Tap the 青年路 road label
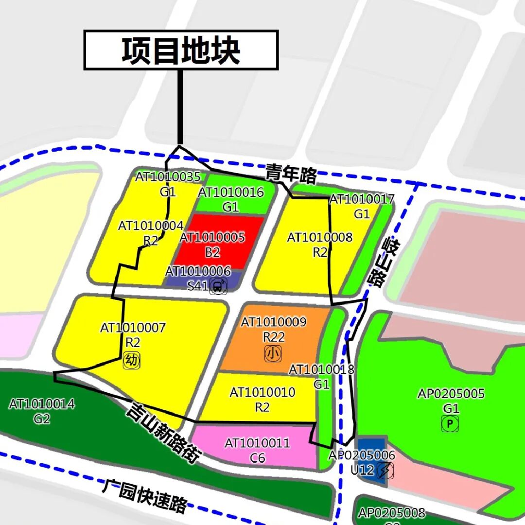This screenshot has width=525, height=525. tap(291, 174)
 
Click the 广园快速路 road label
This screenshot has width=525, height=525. tap(144, 496)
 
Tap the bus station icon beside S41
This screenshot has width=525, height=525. tap(218, 286)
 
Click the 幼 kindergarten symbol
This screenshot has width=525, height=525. tap(132, 360)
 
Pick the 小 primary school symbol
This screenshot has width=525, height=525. tap(273, 354)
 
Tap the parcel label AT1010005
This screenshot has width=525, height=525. tap(212, 237)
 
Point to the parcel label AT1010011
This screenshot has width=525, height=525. tap(257, 443)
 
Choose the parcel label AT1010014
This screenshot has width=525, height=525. tap(42, 404)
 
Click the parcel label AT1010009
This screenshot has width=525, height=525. tap(274, 322)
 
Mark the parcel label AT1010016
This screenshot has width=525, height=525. tap(231, 192)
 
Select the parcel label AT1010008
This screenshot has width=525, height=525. tap(319, 238)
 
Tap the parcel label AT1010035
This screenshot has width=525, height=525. tap(167, 177)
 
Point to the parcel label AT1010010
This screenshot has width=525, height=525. tap(262, 392)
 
